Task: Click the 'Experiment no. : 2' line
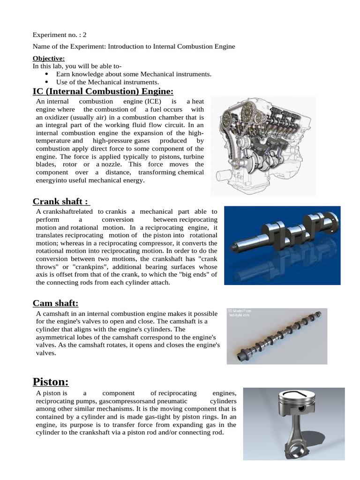coord(60,35)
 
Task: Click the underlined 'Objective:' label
coord(48,59)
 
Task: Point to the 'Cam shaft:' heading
coord(55,303)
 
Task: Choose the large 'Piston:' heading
coord(51,382)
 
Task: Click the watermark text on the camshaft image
coord(240,313)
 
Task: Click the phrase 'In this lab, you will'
coord(63,67)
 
